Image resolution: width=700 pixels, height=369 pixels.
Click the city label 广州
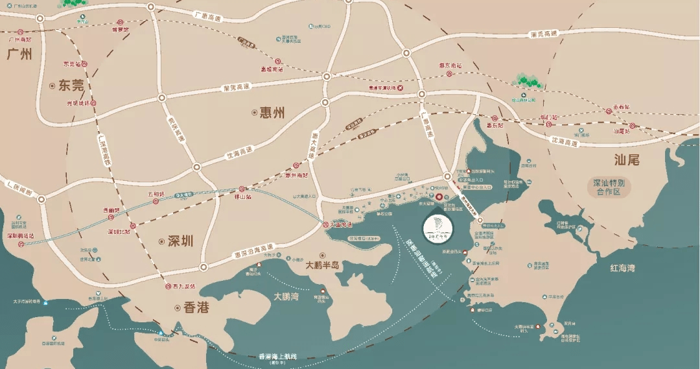(19, 54)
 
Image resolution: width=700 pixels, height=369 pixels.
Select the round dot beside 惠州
(254, 113)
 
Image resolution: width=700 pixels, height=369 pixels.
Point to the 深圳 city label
(180, 242)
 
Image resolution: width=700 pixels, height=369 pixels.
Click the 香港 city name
(195, 309)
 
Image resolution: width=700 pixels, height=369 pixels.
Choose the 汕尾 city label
(627, 160)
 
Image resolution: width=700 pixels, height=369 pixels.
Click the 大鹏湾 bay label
(286, 298)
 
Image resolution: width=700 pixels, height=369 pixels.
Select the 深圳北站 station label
(119, 231)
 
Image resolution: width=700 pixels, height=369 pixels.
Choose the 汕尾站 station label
(622, 130)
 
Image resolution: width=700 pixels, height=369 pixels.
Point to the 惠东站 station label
(507, 126)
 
